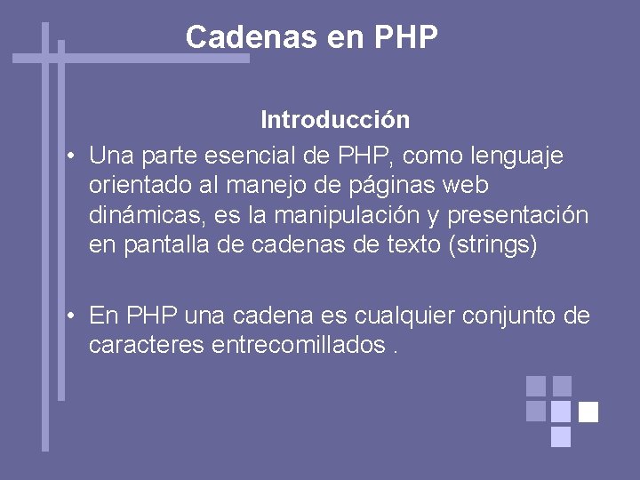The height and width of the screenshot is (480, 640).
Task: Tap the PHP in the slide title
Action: coord(407,37)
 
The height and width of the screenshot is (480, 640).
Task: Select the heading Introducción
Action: coord(335,119)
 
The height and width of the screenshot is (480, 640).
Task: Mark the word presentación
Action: coord(518,216)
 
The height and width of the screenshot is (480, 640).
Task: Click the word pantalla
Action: coord(164,245)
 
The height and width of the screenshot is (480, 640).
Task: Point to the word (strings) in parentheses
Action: coord(493,245)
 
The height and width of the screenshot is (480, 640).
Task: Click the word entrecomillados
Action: coord(299,346)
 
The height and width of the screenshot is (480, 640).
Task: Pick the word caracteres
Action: coord(147,346)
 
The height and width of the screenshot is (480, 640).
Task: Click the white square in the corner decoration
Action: coord(588,412)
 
